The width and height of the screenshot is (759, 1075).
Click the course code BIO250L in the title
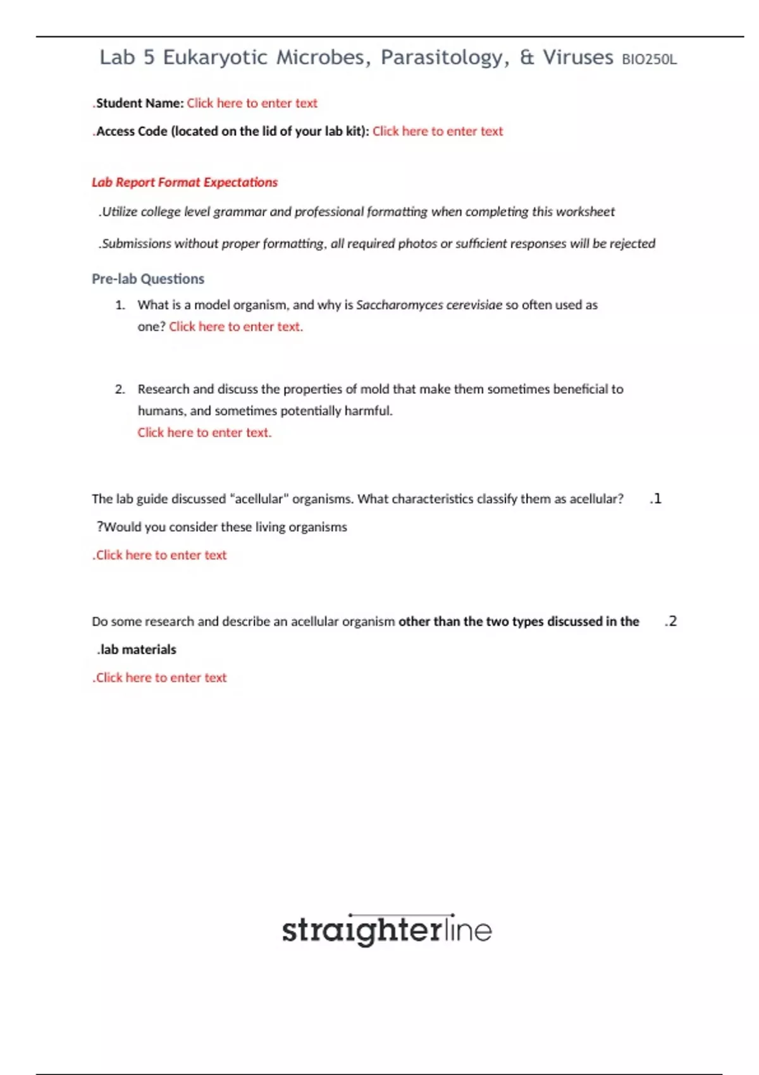[x=649, y=59]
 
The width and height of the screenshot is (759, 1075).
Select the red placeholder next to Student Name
[x=252, y=103]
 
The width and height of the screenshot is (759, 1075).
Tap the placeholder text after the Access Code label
[x=438, y=132]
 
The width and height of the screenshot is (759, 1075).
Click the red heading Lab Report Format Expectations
[x=185, y=182]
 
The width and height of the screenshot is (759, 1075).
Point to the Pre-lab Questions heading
[x=148, y=279]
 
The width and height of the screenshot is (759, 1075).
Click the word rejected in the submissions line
[x=632, y=243]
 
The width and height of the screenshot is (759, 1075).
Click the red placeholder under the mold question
[x=204, y=433]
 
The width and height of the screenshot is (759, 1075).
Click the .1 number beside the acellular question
[x=655, y=499]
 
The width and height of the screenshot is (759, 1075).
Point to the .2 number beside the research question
[x=670, y=622]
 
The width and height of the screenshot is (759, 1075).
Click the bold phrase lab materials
[x=137, y=649]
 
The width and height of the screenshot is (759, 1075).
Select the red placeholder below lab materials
[x=160, y=678]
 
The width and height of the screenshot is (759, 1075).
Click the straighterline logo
[x=386, y=930]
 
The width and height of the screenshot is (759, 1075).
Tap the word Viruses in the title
[x=577, y=58]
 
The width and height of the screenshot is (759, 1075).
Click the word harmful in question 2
[x=368, y=411]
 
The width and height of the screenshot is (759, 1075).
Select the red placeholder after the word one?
[x=235, y=327]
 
